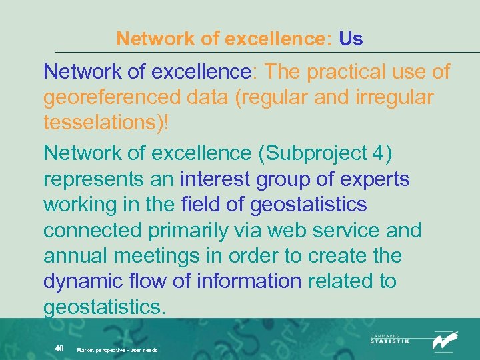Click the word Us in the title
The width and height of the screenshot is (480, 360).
point(351,39)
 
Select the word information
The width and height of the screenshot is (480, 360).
point(249,281)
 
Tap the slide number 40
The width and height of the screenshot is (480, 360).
point(59,349)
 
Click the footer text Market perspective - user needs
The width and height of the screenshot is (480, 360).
point(117,350)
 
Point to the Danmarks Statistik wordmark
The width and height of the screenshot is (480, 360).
point(390,339)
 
